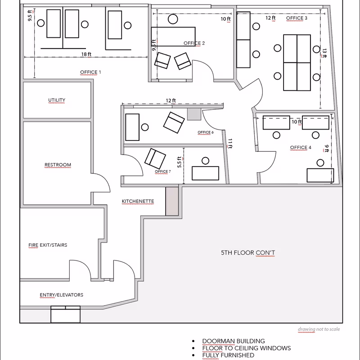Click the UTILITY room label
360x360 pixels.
(x=57, y=100)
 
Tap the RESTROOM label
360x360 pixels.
(x=58, y=165)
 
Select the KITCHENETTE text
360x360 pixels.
(x=138, y=201)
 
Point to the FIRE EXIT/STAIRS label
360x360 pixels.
(x=48, y=245)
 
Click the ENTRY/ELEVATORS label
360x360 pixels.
(x=61, y=295)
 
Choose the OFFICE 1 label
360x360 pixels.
(x=90, y=72)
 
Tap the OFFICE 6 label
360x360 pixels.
(x=206, y=132)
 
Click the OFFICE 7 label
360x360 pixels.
(x=163, y=171)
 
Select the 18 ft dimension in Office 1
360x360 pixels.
(x=86, y=54)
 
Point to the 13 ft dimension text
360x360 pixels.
(x=324, y=53)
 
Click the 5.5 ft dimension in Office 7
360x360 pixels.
(x=180, y=162)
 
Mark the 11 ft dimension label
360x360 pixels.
(x=230, y=144)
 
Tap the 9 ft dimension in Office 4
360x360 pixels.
(x=327, y=148)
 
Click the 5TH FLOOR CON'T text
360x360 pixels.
(x=248, y=253)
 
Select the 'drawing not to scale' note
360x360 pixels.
(x=319, y=329)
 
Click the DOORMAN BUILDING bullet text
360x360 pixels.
(x=234, y=341)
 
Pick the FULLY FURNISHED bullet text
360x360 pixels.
(x=228, y=355)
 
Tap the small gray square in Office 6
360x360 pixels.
(x=194, y=114)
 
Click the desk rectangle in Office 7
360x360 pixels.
(x=205, y=173)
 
